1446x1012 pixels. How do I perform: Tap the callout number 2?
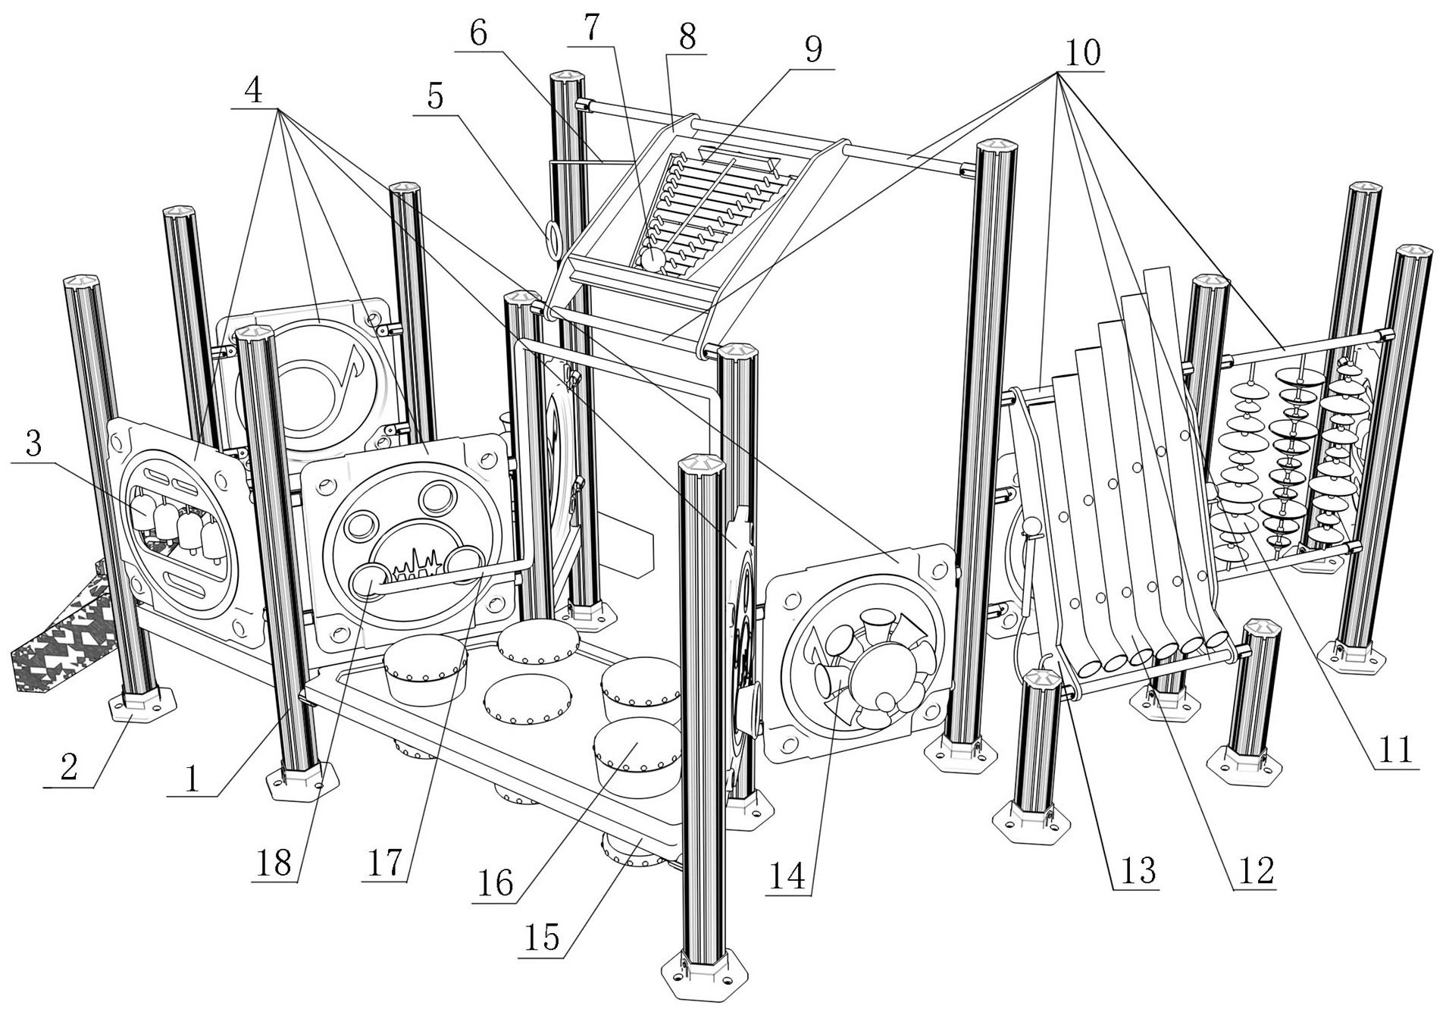coord(69,768)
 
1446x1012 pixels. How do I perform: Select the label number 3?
coord(33,446)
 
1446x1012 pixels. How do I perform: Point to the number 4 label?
coord(253,91)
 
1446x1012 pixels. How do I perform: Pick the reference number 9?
coord(812,50)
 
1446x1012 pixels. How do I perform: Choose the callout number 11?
coord(1395,750)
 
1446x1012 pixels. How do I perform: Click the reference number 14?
coord(787,876)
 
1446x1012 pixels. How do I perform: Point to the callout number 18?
coord(274,862)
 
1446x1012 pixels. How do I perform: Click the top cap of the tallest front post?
coord(703,463)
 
